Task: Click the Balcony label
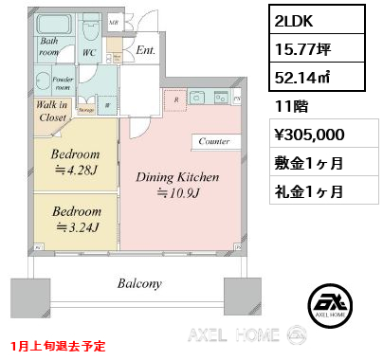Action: click(141, 283)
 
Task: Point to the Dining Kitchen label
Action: click(178, 183)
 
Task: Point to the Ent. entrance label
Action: click(146, 50)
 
